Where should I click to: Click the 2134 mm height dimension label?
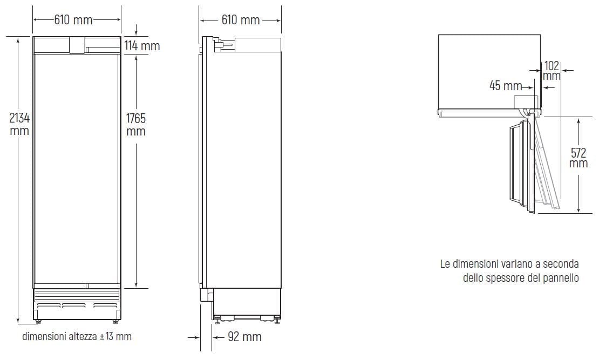[x=19, y=124]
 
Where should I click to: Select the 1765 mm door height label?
[x=135, y=125]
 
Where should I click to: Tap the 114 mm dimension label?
[x=142, y=46]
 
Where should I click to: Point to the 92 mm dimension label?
[x=244, y=337]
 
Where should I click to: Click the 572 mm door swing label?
[x=578, y=158]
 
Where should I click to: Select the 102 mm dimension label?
[x=551, y=70]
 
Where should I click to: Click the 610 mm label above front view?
[x=73, y=20]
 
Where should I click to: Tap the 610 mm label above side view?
[x=240, y=20]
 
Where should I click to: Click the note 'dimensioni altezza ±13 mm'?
[x=77, y=336]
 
